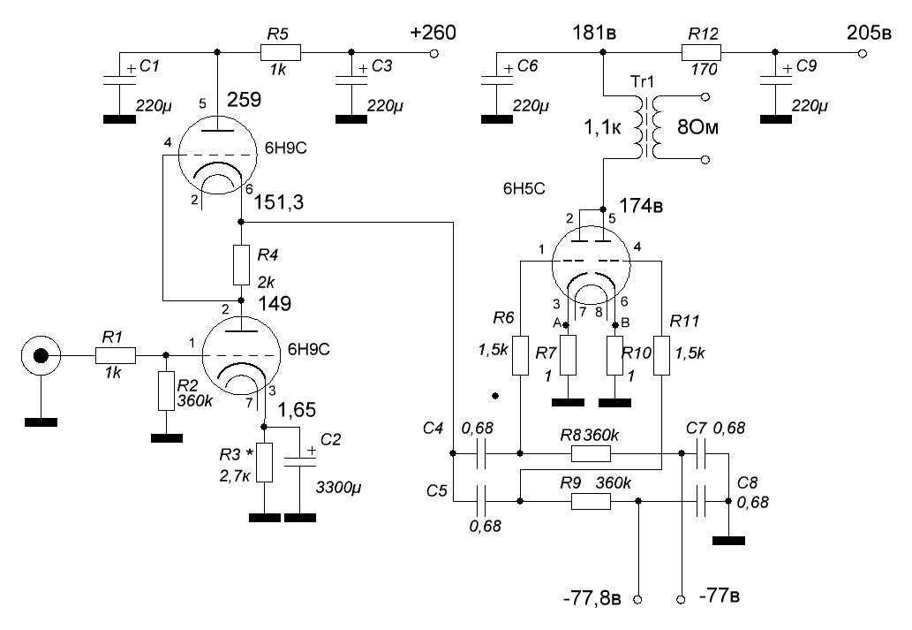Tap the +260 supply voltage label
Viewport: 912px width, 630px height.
(433, 34)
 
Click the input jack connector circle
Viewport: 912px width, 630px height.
(40, 356)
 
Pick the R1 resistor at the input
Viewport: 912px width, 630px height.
(116, 356)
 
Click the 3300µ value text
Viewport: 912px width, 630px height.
(340, 486)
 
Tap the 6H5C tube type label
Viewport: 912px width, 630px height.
(525, 188)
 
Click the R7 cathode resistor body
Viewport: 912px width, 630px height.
(568, 355)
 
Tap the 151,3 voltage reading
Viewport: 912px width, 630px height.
(280, 202)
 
